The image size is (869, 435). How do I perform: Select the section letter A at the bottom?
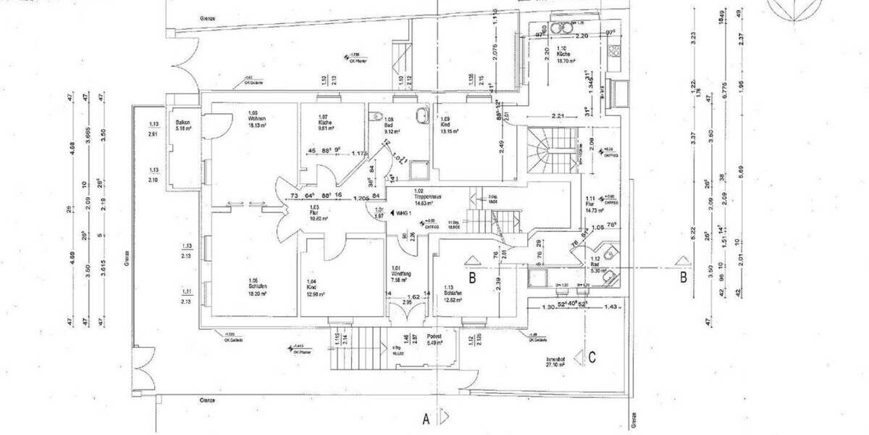click(427, 418)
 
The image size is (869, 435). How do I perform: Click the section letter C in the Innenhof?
click(592, 356)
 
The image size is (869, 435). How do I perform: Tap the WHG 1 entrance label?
click(402, 213)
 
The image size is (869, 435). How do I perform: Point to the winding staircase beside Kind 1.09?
click(552, 149)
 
